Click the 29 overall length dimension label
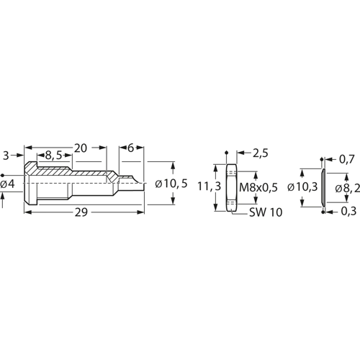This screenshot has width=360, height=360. (81, 212)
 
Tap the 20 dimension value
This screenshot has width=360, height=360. (81, 148)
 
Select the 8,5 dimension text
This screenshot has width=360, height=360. (53, 156)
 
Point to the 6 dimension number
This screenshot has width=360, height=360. (130, 148)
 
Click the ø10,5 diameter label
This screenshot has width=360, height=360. (171, 184)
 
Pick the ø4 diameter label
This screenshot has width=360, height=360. (7, 184)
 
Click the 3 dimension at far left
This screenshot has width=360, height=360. (6, 156)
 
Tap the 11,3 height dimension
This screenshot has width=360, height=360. (209, 186)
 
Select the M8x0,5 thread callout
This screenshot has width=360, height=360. (258, 187)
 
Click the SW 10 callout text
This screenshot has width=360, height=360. (266, 212)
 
